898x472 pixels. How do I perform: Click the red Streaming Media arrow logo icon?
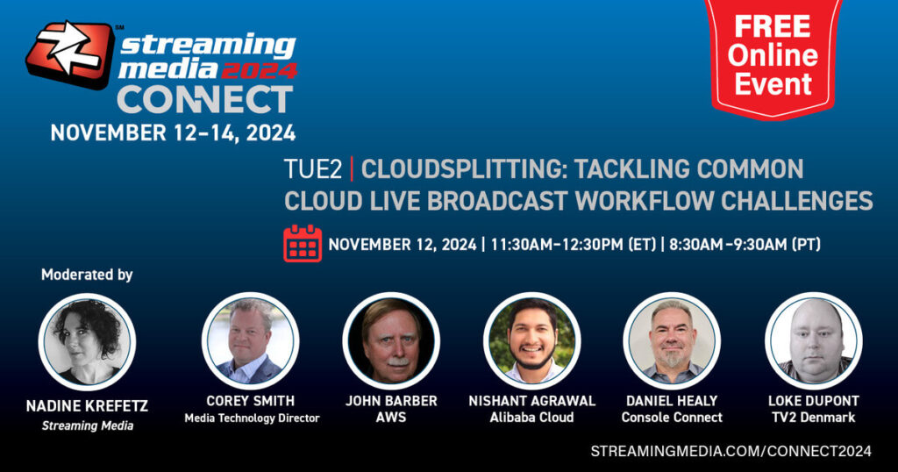point(70,54)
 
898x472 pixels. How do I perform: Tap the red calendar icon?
point(303,243)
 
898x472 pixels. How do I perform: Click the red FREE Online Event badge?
point(773,57)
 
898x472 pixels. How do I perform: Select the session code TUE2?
point(313,169)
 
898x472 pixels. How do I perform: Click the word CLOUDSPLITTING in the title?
point(463,169)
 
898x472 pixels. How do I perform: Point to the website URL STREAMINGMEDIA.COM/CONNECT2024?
point(731,451)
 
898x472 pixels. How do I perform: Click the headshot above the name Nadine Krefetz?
point(87,342)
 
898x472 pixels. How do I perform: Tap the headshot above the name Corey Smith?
point(250,340)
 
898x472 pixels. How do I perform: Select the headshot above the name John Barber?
point(391,340)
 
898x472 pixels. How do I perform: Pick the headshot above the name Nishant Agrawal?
point(532,340)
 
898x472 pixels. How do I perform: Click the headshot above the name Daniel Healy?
point(672,340)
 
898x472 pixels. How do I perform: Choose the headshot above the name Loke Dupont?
point(813,340)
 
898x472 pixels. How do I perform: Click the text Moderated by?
point(87,275)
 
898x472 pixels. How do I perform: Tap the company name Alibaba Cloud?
point(532,418)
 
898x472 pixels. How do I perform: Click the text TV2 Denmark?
point(813,418)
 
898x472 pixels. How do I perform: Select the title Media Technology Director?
point(252,418)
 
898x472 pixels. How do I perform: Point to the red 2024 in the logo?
point(259,70)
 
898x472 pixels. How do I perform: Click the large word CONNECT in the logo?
point(205,100)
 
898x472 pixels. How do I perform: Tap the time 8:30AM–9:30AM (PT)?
point(745,245)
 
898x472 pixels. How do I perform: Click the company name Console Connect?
point(672,418)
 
